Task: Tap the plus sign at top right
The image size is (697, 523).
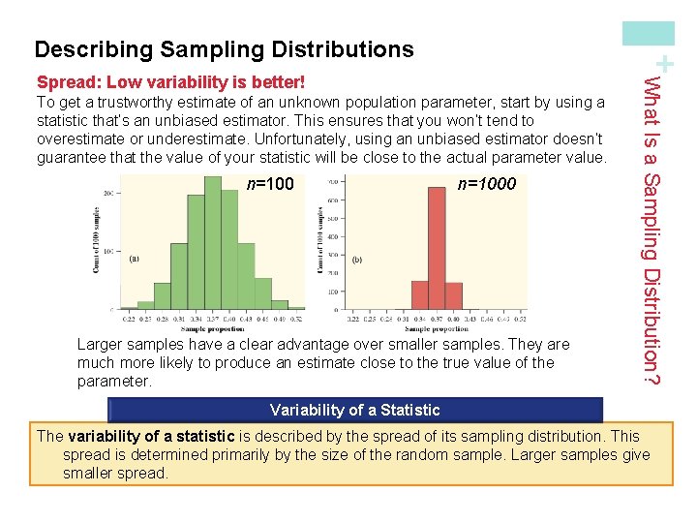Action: pos(664,64)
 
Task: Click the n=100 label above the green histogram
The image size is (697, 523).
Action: pos(271,184)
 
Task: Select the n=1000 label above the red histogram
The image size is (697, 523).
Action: pos(487,184)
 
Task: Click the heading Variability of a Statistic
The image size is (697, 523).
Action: pos(354,410)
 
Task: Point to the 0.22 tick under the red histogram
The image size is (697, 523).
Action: pos(355,319)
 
